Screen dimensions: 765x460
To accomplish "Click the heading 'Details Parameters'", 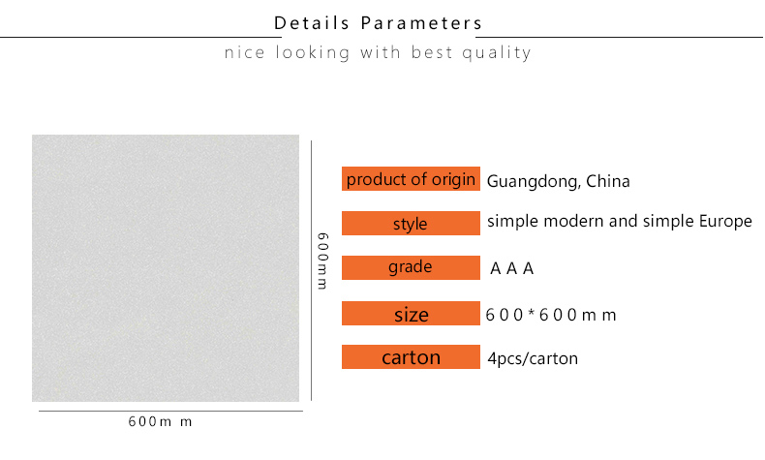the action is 378,23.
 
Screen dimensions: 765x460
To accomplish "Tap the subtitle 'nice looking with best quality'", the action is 378,52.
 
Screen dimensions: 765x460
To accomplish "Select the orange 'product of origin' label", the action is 411,179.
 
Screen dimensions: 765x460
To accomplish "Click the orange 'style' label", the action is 411,224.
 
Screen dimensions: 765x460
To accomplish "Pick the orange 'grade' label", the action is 411,268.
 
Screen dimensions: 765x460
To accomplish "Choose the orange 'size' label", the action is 411,313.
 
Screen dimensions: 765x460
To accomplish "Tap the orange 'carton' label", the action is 411,357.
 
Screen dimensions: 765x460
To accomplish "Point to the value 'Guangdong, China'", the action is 558,181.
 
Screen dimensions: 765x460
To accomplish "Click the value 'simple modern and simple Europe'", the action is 620,222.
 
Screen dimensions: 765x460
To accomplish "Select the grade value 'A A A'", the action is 512,268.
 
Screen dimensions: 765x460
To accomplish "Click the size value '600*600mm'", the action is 551,315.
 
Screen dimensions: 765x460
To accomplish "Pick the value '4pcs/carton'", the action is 533,359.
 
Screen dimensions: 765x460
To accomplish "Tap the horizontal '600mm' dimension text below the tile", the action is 160,421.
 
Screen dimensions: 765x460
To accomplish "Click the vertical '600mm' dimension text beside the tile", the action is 322,261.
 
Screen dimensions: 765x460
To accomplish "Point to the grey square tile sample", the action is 166,268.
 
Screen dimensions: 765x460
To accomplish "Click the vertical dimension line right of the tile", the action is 311,271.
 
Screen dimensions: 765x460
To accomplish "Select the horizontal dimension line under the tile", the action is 170,411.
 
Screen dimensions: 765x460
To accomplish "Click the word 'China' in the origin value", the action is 608,181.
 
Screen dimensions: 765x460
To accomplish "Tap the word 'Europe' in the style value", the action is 726,222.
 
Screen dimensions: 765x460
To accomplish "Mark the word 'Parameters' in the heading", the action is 421,23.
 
